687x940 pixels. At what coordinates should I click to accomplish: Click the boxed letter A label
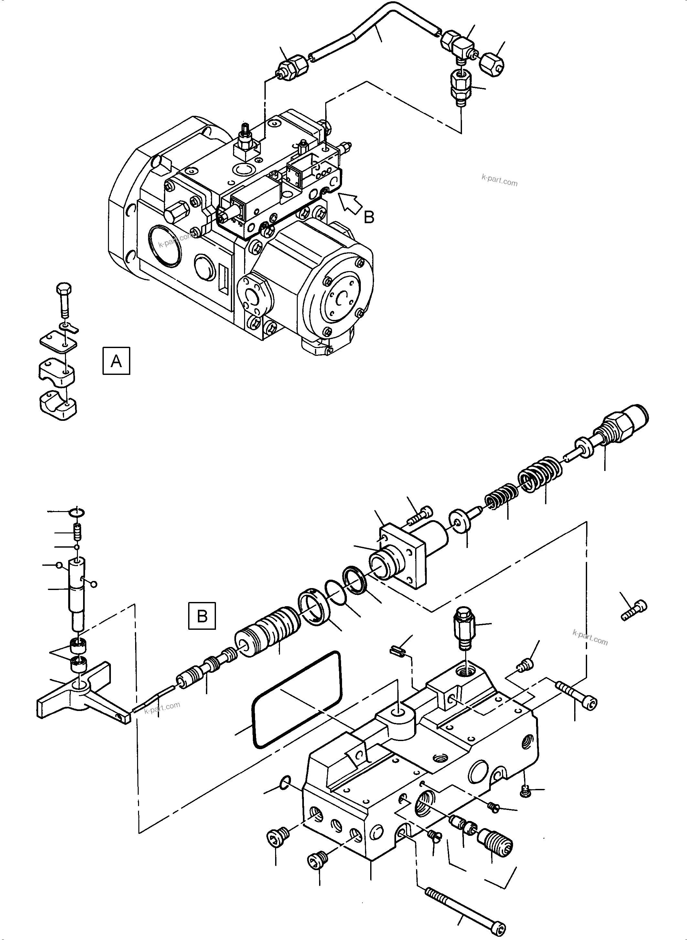pyautogui.click(x=116, y=361)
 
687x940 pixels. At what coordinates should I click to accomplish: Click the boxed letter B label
pyautogui.click(x=202, y=615)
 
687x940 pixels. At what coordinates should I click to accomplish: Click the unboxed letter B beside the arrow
pyautogui.click(x=369, y=217)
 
